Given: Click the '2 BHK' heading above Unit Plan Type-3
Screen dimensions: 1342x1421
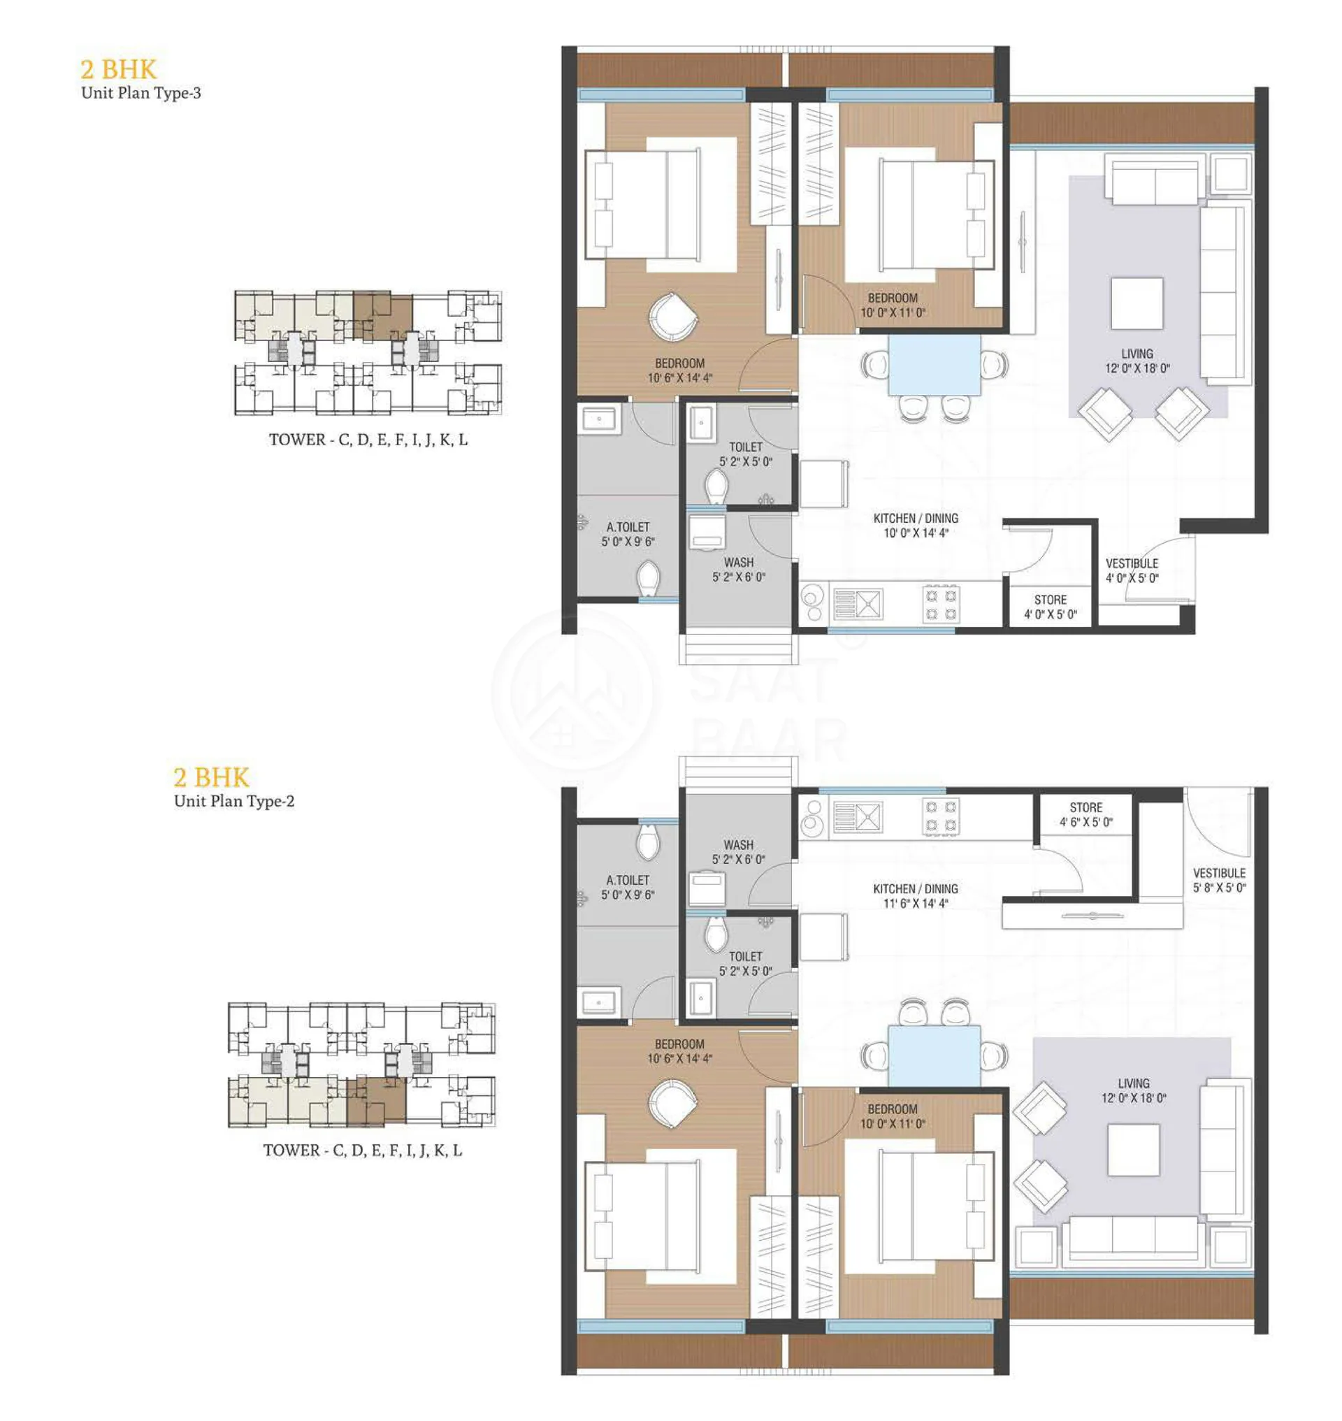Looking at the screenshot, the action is click(x=118, y=69).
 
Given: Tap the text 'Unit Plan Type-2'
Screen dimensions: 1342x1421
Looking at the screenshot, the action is click(x=234, y=802).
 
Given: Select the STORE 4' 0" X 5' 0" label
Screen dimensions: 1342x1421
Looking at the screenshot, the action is click(x=1050, y=607).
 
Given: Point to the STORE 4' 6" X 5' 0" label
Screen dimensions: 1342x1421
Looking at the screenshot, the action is click(x=1086, y=814).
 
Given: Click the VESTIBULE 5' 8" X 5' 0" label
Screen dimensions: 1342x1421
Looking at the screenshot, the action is click(x=1219, y=880).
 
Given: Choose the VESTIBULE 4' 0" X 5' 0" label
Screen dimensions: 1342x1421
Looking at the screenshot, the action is click(x=1132, y=570).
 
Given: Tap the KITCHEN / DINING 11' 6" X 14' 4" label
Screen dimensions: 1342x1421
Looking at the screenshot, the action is click(x=916, y=896).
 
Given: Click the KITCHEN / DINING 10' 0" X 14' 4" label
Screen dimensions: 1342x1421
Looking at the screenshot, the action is click(x=916, y=525).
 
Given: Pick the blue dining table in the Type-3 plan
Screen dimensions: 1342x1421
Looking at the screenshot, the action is click(x=935, y=365).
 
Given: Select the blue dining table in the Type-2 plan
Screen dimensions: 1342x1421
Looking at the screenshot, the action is click(x=935, y=1055).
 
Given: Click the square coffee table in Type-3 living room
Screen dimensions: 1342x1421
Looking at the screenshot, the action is click(x=1137, y=303).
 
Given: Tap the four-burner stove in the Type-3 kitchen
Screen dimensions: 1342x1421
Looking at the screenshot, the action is click(x=941, y=604).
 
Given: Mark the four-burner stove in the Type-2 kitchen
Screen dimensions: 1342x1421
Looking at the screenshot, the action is click(x=941, y=816).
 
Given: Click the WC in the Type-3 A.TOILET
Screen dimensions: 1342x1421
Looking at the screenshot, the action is click(x=648, y=577).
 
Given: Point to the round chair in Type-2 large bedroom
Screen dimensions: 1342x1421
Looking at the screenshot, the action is click(x=672, y=1101).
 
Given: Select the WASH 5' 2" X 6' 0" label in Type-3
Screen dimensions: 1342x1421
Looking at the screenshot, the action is click(x=738, y=570).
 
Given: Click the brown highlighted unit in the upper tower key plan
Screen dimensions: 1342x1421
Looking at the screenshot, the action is click(x=383, y=315).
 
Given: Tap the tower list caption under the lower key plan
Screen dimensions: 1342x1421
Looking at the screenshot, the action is click(x=363, y=1150).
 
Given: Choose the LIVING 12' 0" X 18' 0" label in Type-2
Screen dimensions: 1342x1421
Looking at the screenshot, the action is click(x=1134, y=1090).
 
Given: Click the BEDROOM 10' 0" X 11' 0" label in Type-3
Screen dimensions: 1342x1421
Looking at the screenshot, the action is click(x=893, y=305).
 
